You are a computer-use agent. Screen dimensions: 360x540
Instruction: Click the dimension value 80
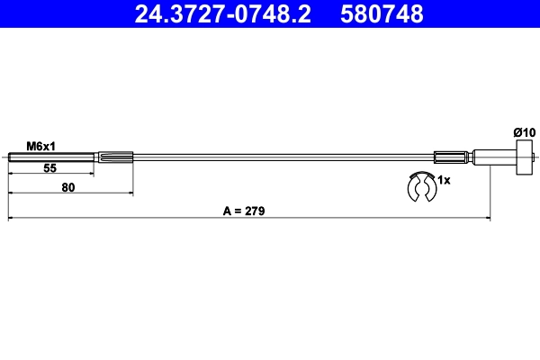click(x=68, y=188)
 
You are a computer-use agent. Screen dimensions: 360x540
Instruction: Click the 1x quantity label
click(x=443, y=180)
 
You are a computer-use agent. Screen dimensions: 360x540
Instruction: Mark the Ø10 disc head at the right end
click(x=519, y=159)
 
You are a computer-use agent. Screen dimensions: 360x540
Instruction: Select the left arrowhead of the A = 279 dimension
click(x=12, y=219)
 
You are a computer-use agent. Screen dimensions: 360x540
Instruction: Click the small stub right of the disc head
click(x=533, y=159)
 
